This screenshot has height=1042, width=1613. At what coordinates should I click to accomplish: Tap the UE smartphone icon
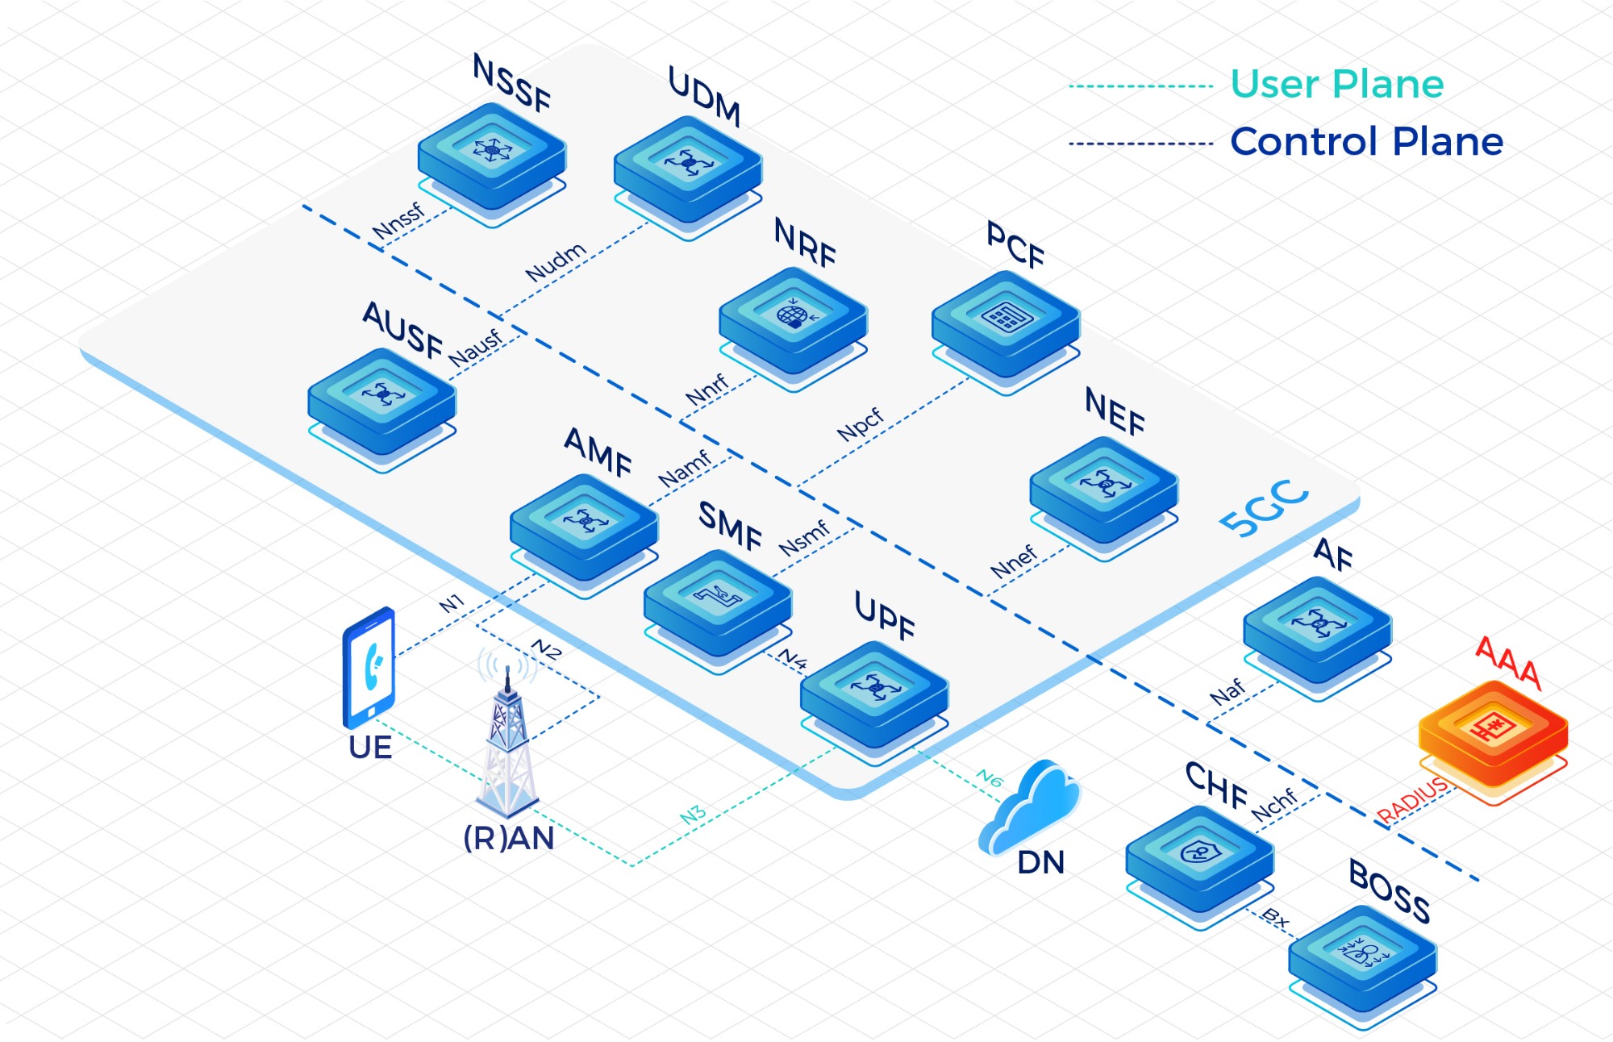click(x=369, y=668)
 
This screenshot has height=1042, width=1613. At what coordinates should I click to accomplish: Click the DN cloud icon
click(x=1032, y=807)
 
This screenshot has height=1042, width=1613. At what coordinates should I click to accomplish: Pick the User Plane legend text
click(x=1336, y=84)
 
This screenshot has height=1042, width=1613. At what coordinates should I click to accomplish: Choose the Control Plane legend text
click(x=1366, y=142)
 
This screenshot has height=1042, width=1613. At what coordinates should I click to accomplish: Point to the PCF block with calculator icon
click(x=1006, y=324)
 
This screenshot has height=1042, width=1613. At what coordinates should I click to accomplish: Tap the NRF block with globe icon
click(x=793, y=321)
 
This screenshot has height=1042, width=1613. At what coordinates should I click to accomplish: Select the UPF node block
click(x=874, y=694)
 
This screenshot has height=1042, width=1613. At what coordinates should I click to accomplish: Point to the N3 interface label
click(x=693, y=815)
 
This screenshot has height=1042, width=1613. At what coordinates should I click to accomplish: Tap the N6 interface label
click(x=990, y=778)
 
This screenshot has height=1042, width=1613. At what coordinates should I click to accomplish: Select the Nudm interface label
click(x=555, y=262)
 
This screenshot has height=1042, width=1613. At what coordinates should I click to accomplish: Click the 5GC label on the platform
click(x=1263, y=508)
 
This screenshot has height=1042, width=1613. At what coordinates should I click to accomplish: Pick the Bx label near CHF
click(x=1275, y=918)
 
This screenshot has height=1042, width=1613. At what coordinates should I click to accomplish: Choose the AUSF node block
click(x=382, y=401)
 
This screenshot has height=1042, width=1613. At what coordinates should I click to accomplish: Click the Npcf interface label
click(x=861, y=425)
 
